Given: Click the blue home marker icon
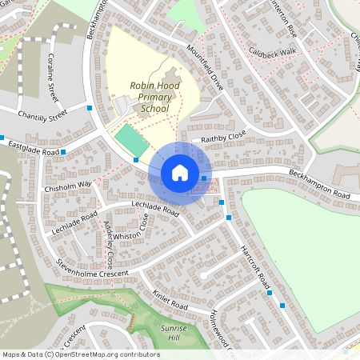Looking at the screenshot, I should pyautogui.click(x=180, y=173).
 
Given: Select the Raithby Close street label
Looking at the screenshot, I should pyautogui.click(x=224, y=138).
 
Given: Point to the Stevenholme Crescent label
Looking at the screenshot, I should pyautogui.click(x=92, y=269).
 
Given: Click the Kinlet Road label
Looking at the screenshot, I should pyautogui.click(x=170, y=300).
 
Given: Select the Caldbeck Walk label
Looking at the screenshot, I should pyautogui.click(x=271, y=51).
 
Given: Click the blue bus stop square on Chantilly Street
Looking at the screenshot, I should pyautogui.click(x=90, y=106).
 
